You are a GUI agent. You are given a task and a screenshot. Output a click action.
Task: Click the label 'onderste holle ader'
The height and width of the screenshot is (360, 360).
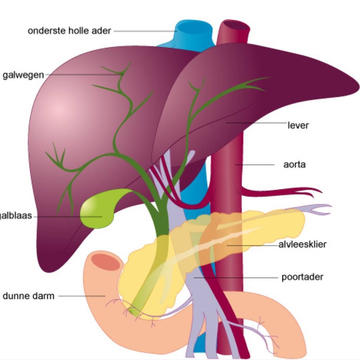click(69, 31)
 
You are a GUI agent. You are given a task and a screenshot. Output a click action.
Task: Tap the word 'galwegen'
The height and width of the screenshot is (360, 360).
click(23, 75)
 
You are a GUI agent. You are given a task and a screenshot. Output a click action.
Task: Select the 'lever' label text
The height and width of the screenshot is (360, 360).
click(298, 126)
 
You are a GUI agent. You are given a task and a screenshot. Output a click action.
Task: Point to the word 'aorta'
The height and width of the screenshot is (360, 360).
click(295, 165)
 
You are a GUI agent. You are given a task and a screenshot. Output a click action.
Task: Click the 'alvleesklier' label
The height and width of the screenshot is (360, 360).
click(302, 244)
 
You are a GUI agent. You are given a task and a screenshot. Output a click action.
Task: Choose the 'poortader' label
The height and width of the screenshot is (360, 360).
click(302, 277)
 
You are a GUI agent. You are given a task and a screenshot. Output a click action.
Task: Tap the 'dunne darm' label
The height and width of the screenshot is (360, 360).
click(28, 296)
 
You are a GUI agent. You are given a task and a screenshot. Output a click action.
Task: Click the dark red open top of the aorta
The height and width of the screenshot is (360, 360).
click(236, 25)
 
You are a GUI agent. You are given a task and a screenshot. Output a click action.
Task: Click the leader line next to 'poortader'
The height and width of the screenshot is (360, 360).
click(236, 278)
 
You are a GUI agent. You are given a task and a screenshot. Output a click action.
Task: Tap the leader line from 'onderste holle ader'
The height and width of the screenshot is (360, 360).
click(145, 31)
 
